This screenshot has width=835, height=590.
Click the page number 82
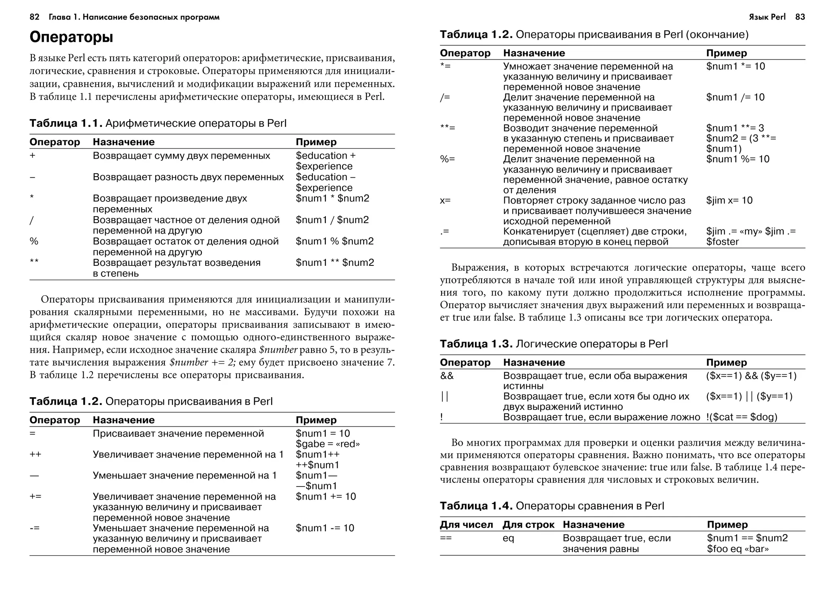point(35,17)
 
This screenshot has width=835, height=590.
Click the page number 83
point(800,17)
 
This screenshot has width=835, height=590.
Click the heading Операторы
point(71,37)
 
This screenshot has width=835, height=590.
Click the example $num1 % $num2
point(334,241)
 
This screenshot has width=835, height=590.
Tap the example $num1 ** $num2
point(335,263)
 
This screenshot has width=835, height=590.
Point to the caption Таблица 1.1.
point(65,124)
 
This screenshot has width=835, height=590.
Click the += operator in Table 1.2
point(35,497)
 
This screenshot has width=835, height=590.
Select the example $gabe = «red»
point(328,444)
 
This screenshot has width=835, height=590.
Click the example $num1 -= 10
point(325,528)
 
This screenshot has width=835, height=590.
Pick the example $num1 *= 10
point(736,66)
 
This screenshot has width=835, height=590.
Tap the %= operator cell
point(447,159)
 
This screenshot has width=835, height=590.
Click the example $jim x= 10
point(729,201)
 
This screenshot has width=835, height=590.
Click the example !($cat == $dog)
point(742,417)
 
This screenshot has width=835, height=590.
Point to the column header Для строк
point(528,525)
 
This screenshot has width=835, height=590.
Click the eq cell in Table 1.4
point(508,538)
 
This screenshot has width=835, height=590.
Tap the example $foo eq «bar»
point(738,549)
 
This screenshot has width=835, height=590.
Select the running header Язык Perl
point(767,17)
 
